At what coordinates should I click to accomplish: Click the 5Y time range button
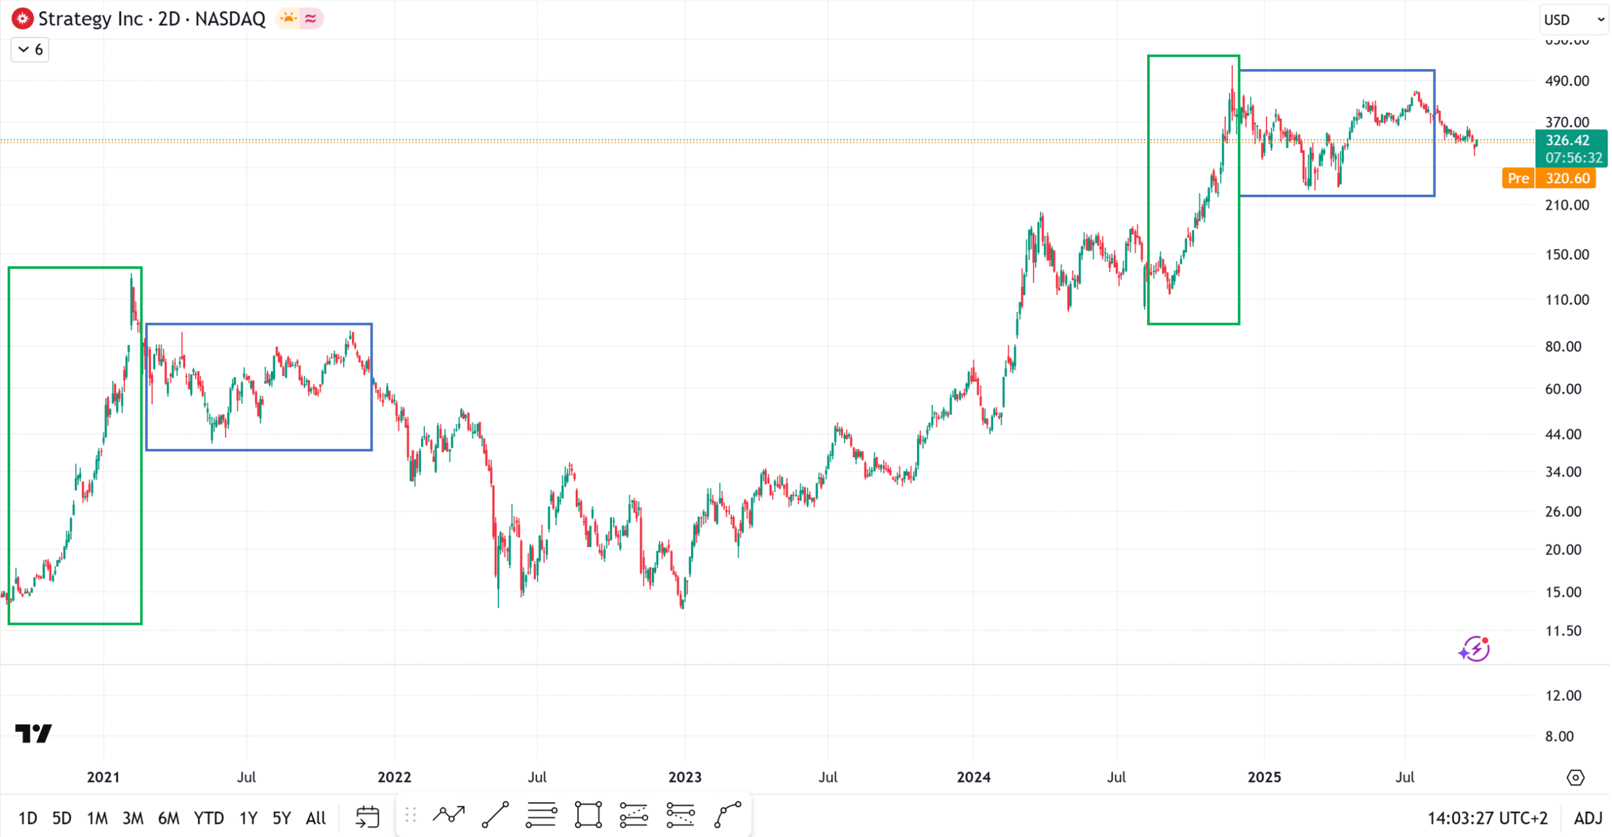tap(281, 818)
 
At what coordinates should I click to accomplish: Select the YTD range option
tap(208, 818)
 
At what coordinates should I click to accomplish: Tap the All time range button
tap(315, 818)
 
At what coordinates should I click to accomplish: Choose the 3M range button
tap(133, 818)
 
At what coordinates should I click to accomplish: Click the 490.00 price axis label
tap(1567, 81)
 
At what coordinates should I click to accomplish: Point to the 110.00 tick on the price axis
tap(1567, 300)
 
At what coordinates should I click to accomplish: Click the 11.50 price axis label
tap(1563, 631)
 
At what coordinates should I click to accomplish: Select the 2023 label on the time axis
tap(685, 777)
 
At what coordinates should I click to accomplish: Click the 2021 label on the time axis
tap(103, 777)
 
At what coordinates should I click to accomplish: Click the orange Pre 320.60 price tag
tap(1549, 179)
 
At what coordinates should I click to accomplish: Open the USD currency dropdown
tap(1573, 20)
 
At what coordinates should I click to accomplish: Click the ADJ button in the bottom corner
tap(1587, 818)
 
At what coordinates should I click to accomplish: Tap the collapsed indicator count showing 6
tap(30, 50)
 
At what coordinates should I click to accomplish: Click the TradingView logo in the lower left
tap(34, 733)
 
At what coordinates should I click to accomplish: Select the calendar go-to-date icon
tap(368, 816)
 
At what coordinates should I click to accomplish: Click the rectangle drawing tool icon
tap(588, 815)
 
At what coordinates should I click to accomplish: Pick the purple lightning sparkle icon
tap(1474, 649)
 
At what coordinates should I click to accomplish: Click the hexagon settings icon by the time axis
tap(1575, 778)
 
